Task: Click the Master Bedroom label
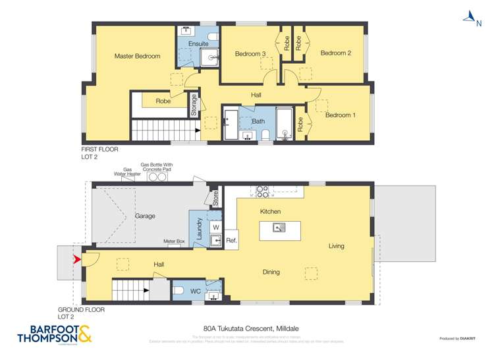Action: (137, 56)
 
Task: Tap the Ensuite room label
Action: (198, 44)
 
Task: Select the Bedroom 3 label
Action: (250, 54)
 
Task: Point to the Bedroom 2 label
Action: (335, 53)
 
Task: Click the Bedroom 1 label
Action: (341, 115)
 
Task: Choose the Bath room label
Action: (258, 121)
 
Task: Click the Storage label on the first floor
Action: (194, 106)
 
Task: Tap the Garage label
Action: (146, 216)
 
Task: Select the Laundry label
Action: (199, 228)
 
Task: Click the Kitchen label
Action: (270, 211)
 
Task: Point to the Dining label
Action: (271, 272)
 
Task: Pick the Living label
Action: (337, 246)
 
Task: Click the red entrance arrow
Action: (77, 261)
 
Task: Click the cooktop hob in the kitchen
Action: (262, 192)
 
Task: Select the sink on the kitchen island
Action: (280, 228)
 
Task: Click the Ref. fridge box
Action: (231, 240)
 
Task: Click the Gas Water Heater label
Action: (123, 172)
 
